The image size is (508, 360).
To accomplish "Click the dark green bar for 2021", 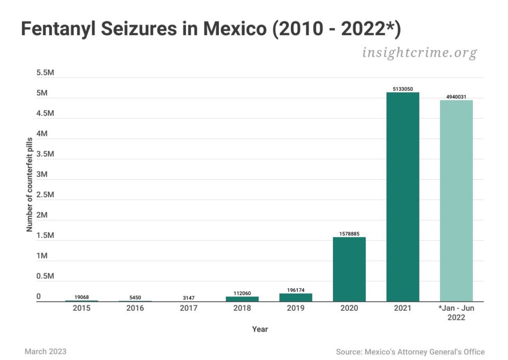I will tap(403, 197).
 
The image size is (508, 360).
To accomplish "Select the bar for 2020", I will tap(349, 269).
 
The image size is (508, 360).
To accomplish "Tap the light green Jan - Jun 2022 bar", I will tap(456, 201).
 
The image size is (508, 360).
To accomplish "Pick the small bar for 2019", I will tap(296, 297).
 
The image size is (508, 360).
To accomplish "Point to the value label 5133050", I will tap(403, 89).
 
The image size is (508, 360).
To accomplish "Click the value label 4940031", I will tap(456, 97).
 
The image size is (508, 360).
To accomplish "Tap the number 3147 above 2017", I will tap(189, 298).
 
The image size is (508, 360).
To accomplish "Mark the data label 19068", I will tap(81, 297).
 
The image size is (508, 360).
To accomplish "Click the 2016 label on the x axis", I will tap(135, 308).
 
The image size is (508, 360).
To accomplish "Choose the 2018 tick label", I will tap(242, 308).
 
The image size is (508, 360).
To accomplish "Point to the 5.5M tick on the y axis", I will tap(45, 73).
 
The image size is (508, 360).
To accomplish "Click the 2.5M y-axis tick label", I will tap(45, 195).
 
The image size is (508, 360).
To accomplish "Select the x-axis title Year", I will tap(259, 329).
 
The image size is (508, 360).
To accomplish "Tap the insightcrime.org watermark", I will tap(419, 52).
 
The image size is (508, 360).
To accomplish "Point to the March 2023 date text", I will tap(46, 352).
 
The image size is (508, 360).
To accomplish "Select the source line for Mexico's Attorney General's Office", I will tap(410, 352).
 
